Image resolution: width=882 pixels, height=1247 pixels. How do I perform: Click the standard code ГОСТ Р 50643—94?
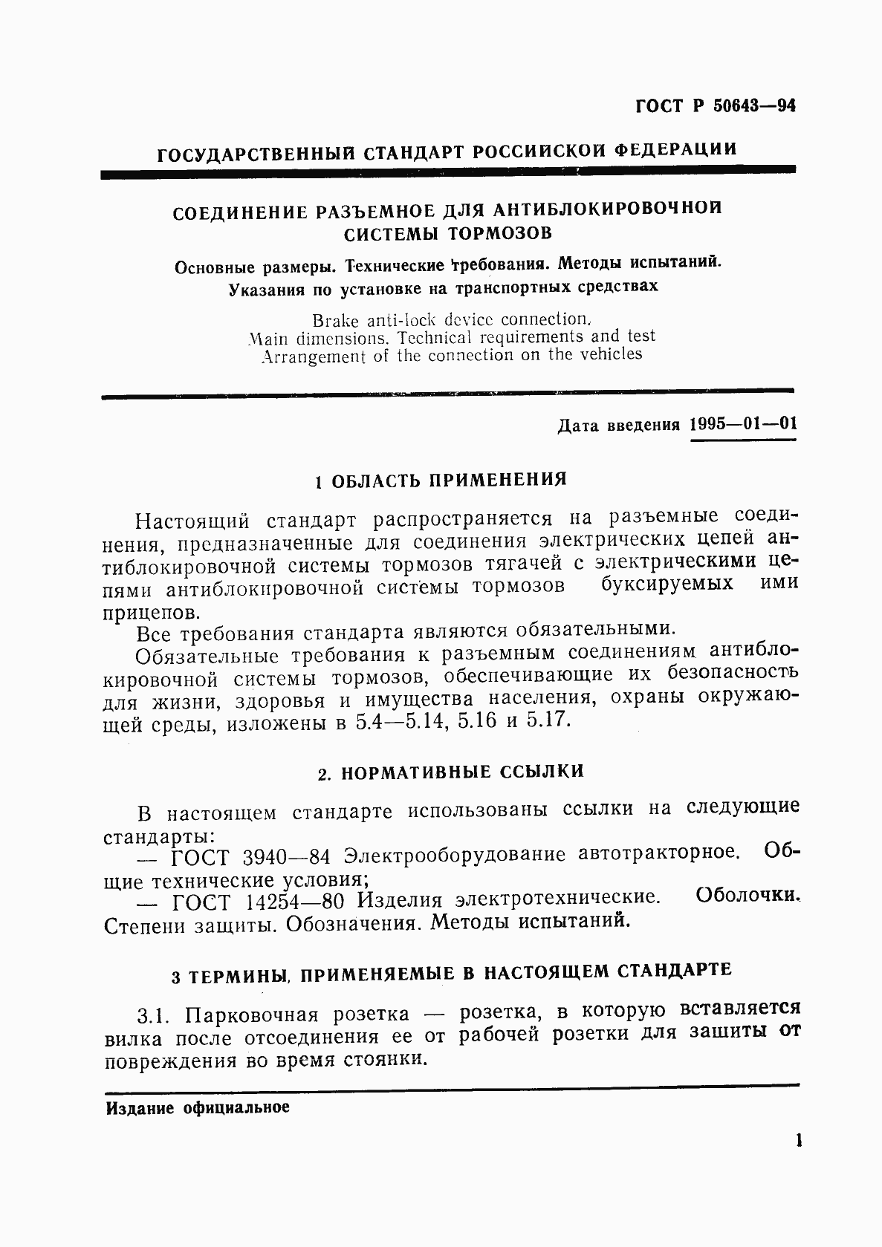point(716,107)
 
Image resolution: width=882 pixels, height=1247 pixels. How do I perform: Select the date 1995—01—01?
point(743,425)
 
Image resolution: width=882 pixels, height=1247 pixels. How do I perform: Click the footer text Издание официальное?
point(197,1109)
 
